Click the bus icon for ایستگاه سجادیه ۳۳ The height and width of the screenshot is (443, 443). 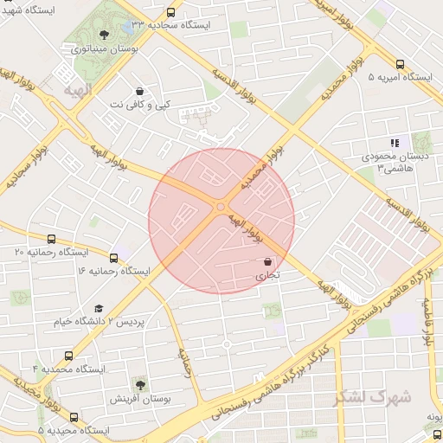coord(170,13)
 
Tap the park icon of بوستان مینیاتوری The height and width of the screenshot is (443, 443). coord(105,35)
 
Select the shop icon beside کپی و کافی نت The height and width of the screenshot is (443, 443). coord(140,91)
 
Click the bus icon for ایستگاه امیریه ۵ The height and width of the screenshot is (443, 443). coord(400,64)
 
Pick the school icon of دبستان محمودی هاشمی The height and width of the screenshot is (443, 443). coord(394,144)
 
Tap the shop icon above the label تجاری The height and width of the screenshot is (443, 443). coord(267,261)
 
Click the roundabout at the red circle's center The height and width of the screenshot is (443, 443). coord(221,207)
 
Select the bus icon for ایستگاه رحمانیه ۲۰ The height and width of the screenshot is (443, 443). coord(51,239)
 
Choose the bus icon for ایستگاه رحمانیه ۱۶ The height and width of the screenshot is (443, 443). coord(114,257)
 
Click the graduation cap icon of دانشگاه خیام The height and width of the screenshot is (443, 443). coord(98,309)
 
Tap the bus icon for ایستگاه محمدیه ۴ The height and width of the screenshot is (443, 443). coord(68,355)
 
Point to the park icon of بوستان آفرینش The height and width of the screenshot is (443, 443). coord(140,383)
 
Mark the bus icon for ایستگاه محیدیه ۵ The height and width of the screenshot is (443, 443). coord(73,416)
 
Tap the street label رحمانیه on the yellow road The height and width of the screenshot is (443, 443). coord(184,362)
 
